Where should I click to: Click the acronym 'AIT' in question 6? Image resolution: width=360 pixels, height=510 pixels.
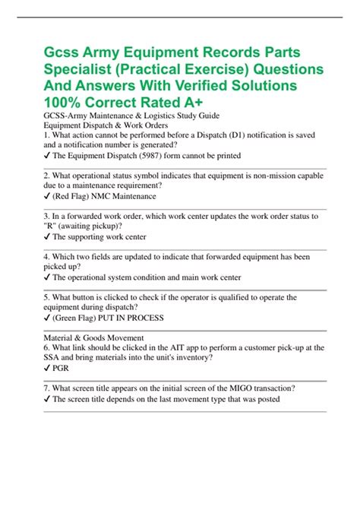(x=176, y=346)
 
